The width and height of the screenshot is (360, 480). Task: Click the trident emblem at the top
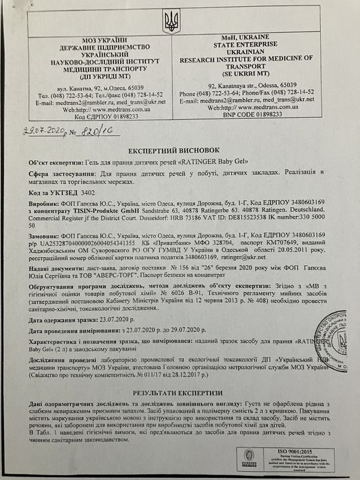(171, 21)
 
